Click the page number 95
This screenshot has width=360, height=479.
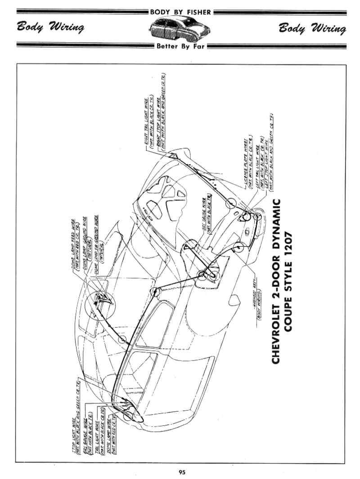pos(182,472)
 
